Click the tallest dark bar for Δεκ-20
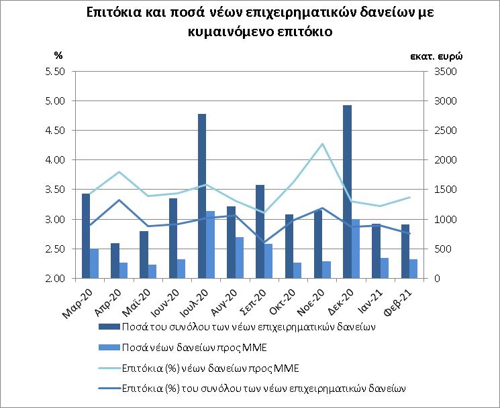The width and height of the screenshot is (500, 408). [x=347, y=192]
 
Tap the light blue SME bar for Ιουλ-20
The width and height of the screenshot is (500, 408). [x=211, y=245]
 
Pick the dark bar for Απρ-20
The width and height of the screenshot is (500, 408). [x=115, y=261]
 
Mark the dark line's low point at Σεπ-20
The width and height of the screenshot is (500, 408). [x=263, y=242]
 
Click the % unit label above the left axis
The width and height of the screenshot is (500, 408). [x=58, y=55]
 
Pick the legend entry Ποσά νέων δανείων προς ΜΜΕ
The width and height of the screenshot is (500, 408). [x=193, y=347]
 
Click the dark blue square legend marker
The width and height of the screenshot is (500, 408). [x=109, y=327]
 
